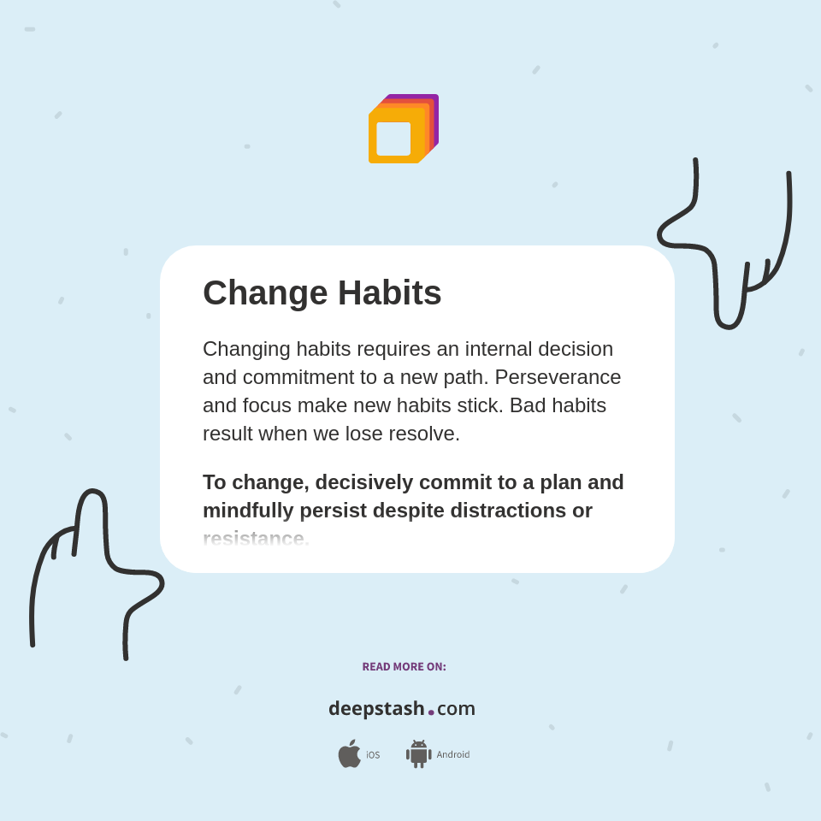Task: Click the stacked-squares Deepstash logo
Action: point(403,128)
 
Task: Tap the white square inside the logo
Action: point(393,139)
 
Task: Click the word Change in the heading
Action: point(265,293)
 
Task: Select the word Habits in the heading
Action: point(389,293)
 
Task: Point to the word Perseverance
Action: point(558,377)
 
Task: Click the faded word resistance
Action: point(254,539)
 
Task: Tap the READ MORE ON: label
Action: point(404,667)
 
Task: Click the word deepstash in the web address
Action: point(376,709)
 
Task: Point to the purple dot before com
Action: point(431,712)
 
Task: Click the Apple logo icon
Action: point(349,753)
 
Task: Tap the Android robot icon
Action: point(418,754)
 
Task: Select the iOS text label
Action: point(373,755)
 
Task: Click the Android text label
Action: point(452,755)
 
